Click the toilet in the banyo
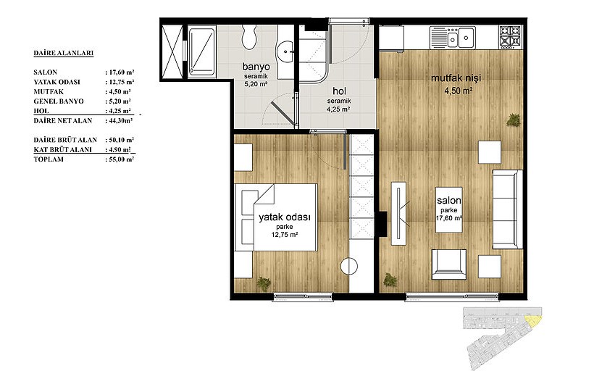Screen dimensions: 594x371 [x=249, y=36]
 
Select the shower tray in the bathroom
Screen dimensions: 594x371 [x=202, y=52]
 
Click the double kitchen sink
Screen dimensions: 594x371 [x=453, y=38]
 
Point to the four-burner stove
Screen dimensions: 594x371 [x=511, y=37]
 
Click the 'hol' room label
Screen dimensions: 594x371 [x=340, y=91]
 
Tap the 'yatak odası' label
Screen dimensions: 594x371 [x=285, y=217]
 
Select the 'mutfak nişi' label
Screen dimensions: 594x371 [x=456, y=78]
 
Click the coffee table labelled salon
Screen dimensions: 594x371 [x=449, y=210]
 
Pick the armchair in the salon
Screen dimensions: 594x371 [x=449, y=264]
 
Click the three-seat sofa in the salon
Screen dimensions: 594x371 [x=508, y=209]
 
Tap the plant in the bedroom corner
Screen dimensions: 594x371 [x=264, y=283]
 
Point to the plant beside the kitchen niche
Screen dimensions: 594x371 [x=514, y=120]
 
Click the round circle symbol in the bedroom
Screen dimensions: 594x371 [x=349, y=266]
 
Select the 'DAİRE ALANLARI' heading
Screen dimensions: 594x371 [x=63, y=53]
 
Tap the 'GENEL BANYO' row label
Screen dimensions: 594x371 [x=59, y=101]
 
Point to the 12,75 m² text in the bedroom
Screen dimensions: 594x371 [x=285, y=235]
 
